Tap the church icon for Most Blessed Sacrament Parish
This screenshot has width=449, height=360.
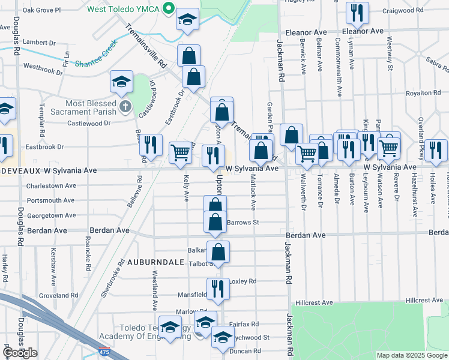(x=125, y=107)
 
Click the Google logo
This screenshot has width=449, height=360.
(x=20, y=353)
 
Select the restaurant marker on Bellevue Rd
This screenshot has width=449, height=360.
(x=150, y=144)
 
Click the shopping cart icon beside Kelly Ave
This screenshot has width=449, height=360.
(x=181, y=152)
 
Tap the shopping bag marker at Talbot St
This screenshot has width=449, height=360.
(x=218, y=251)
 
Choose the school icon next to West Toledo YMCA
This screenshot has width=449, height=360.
(x=188, y=20)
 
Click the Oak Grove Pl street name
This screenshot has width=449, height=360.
(x=41, y=10)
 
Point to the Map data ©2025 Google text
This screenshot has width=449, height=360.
(x=412, y=355)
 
